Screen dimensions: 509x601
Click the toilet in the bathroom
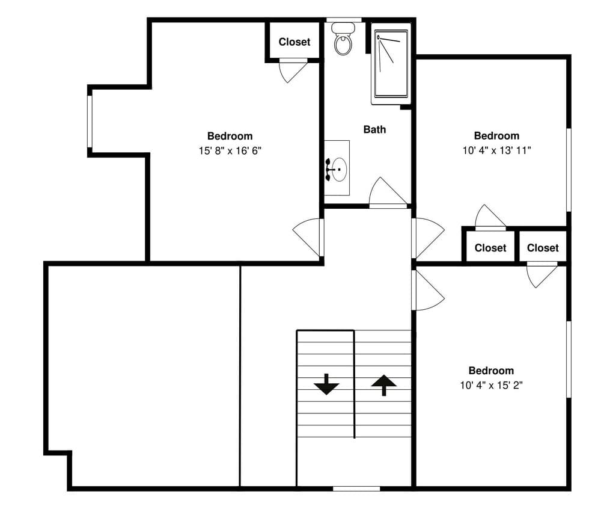coord(343,39)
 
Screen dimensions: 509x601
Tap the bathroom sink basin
coord(339,169)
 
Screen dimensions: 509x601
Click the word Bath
coord(374,129)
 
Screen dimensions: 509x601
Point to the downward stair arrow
coord(326,384)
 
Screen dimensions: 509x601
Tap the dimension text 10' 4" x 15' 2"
coord(491,385)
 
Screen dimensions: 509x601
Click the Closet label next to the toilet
coord(294,42)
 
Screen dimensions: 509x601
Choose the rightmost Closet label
coord(543,248)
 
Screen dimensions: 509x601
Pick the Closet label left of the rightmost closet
coord(490,248)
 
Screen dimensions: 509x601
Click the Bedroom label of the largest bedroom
coord(230,136)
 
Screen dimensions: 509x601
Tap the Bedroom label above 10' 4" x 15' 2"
coord(491,371)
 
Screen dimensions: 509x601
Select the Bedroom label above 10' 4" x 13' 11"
coord(496,136)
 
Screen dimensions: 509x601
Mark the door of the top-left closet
coord(293,69)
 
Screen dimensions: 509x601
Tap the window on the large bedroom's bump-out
coord(90,121)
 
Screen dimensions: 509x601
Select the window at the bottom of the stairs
coord(356,488)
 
